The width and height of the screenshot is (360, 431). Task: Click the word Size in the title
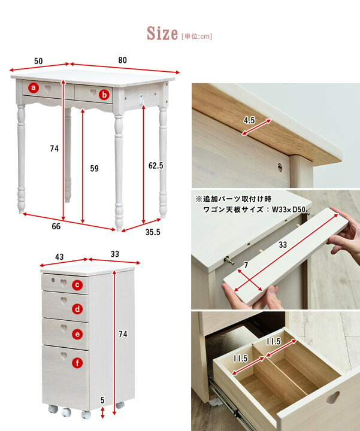coord(162,34)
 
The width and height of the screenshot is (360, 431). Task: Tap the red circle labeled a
coord(34,87)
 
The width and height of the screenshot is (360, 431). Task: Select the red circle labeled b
coord(104,95)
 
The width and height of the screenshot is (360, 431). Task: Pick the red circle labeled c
coord(77,285)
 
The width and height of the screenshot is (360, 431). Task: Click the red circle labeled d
coord(77,309)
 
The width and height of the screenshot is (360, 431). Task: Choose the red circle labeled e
coord(77,334)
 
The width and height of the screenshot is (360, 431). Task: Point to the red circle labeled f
coord(77,363)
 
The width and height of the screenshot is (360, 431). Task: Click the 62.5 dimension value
coord(156,165)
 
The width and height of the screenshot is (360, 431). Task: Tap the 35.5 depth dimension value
coord(153,232)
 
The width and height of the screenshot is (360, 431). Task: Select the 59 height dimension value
coord(94,168)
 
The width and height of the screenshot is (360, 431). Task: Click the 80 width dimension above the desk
coord(123,60)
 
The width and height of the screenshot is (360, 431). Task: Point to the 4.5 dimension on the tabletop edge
coord(249,120)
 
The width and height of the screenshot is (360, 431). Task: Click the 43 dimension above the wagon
coord(59,257)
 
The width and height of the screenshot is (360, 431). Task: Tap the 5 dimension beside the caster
coord(102,400)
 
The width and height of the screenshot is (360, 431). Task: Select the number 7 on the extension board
coord(246,265)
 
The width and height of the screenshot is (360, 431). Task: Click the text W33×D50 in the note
coord(289,210)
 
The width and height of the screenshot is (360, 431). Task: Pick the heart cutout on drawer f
coord(64,356)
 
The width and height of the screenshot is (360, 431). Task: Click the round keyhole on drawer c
coord(53,280)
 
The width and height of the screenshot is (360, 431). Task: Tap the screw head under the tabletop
coord(280,167)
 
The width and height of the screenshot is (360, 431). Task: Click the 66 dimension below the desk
coord(56,226)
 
